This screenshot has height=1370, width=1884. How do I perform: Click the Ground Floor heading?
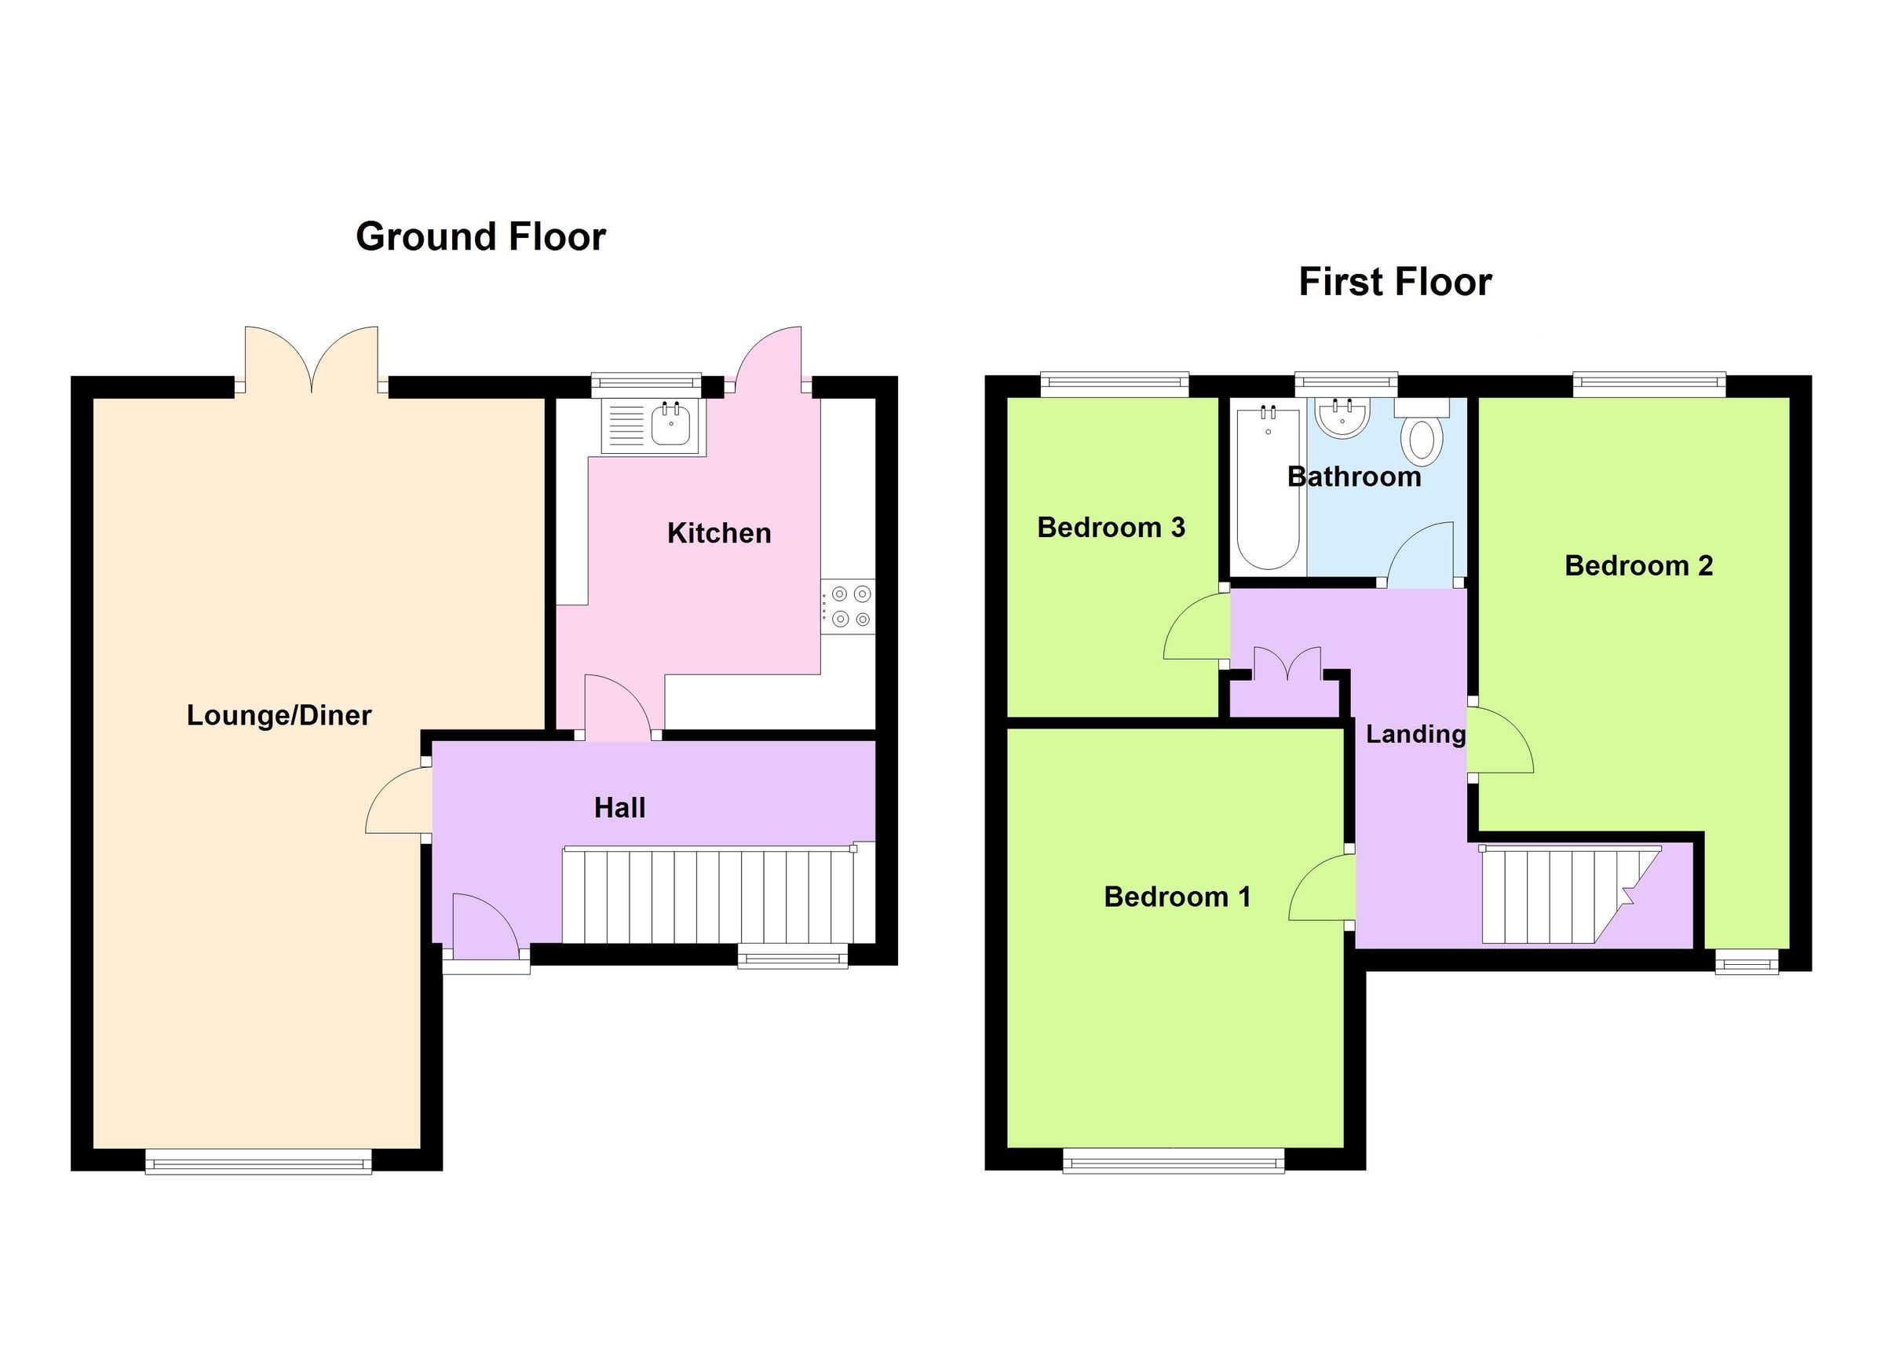tap(480, 237)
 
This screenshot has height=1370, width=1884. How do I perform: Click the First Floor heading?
tap(1395, 283)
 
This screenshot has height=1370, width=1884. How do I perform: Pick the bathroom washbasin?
tap(1342, 418)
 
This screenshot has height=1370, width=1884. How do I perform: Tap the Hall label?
tap(619, 808)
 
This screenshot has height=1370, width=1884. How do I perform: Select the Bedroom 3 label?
tap(1111, 528)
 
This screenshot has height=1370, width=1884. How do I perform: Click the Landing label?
tap(1415, 733)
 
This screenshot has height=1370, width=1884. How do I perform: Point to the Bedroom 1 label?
tap(1176, 897)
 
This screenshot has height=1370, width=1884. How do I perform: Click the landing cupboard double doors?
tap(1287, 664)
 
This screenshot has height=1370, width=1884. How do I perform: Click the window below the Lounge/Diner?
tap(258, 1161)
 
